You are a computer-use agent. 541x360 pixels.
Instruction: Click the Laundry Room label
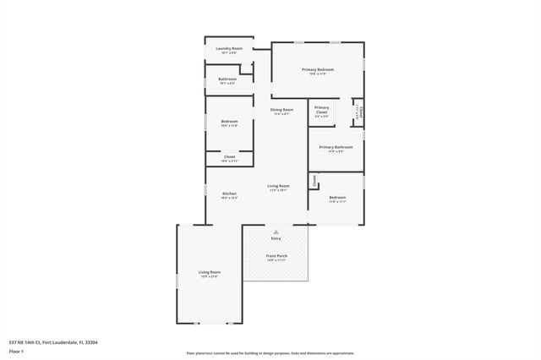pos(229,49)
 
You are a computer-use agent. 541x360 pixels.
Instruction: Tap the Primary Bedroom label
pos(318,69)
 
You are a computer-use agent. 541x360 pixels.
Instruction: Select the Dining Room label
pos(281,110)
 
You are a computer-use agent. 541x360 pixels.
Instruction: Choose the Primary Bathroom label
pos(336,147)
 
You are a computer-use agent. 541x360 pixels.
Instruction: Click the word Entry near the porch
pos(276,238)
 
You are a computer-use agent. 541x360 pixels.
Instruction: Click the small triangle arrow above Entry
pos(276,231)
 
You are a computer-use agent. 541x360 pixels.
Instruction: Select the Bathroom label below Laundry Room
pos(227,79)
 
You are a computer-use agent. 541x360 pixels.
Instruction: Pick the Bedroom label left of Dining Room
pos(229,122)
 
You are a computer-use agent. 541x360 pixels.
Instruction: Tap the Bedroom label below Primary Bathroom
pos(337,198)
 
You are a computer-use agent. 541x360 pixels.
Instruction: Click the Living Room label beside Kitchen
pos(278,187)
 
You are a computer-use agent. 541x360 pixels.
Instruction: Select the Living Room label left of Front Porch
pos(210,272)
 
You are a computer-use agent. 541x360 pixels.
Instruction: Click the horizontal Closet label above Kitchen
pos(229,156)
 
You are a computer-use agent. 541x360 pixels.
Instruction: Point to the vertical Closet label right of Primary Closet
pos(358,110)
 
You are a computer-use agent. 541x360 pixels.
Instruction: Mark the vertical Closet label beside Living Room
pos(314,179)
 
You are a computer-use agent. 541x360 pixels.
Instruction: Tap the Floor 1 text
pos(16,350)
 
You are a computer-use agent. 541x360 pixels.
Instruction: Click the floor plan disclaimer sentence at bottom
pos(270,353)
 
